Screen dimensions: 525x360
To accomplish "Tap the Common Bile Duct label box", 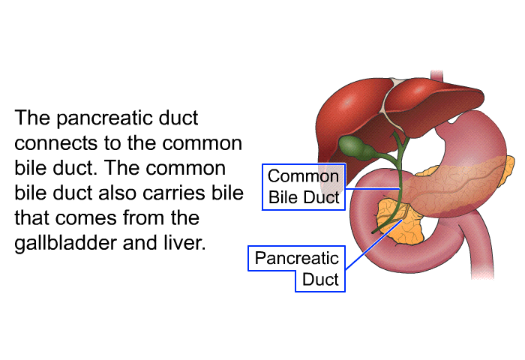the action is coord(304,187).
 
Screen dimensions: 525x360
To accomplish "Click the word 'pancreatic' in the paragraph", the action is coord(103,119).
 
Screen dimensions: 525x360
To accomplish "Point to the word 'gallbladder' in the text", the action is coord(66,244).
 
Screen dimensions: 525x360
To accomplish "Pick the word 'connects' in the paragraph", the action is coord(56,144).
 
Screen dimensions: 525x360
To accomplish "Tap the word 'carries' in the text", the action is coord(174,193).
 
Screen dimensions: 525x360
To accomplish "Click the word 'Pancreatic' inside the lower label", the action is coord(297,258).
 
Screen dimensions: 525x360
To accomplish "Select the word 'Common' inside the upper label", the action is coord(303,176).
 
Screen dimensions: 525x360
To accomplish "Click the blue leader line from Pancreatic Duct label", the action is coord(373,244).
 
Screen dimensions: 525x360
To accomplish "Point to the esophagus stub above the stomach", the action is coord(436,75).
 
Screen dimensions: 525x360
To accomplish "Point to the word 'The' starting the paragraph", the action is coord(32,118).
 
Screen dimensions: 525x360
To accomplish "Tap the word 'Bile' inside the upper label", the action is coord(283,197).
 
